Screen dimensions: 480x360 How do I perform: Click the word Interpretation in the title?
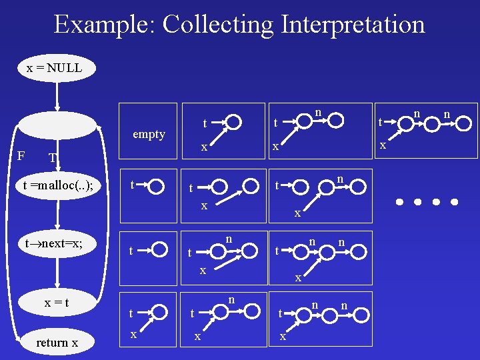tap(353, 25)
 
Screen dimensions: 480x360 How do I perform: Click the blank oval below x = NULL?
tap(58, 125)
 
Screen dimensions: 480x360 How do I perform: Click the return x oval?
tap(57, 343)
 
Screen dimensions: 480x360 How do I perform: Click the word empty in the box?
tap(149, 134)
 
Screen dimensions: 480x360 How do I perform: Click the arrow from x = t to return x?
tap(59, 323)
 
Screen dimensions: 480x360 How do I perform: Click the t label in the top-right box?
tap(380, 122)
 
